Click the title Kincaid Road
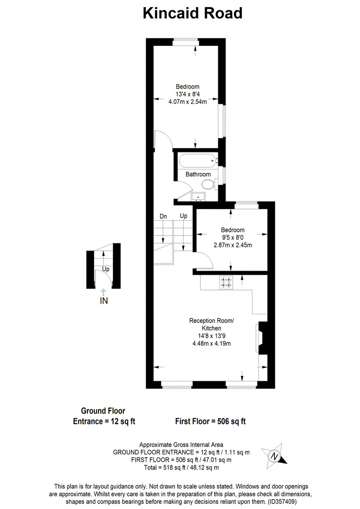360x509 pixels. point(193,13)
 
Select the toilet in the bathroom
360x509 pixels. point(208,185)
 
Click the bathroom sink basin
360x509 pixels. point(198,196)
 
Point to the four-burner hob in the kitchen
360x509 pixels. point(226,282)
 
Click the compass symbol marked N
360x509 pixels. point(274,455)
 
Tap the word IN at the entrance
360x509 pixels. point(103,301)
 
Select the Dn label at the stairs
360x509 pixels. point(163,216)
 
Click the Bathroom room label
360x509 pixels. point(198,174)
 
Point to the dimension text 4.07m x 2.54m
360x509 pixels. point(188,102)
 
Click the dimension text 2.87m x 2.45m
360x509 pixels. point(233,245)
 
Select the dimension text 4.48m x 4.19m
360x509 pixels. point(211,344)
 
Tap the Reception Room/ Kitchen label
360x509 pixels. point(211,324)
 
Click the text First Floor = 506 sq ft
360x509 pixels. point(210,421)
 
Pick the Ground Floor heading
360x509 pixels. point(103,411)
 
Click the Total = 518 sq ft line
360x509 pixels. point(181,468)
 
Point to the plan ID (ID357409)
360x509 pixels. point(282,501)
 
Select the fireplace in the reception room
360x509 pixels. point(262,338)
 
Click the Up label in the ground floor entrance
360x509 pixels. point(106,269)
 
